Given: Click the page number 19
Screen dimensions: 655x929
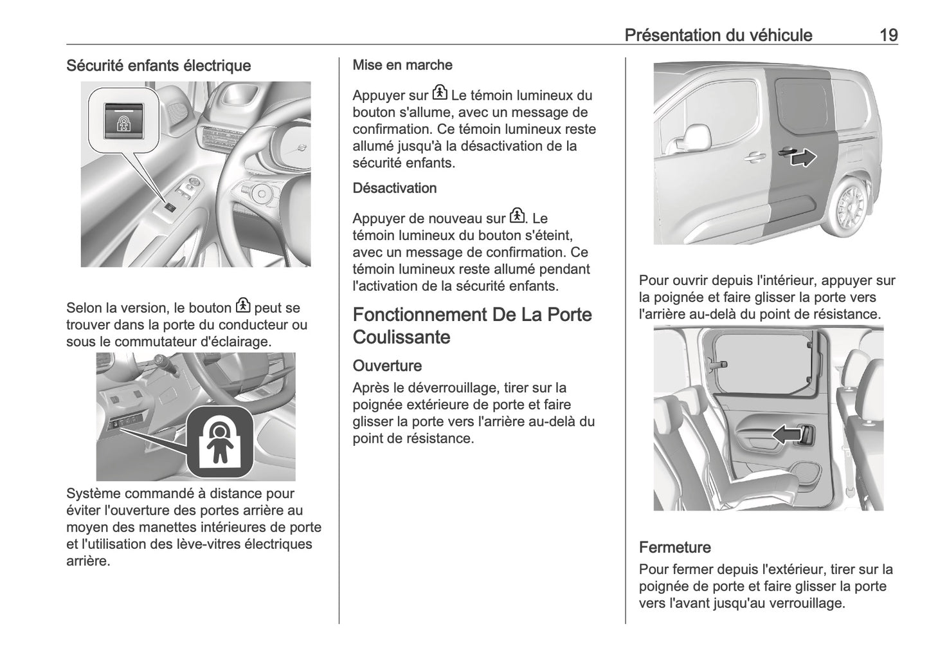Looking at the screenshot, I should click(888, 35).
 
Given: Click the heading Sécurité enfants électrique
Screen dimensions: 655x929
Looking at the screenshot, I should click(158, 66).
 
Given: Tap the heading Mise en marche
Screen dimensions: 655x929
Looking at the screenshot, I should click(402, 65).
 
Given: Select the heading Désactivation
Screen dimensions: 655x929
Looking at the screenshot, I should click(394, 188).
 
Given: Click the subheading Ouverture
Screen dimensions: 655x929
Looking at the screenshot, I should click(387, 365).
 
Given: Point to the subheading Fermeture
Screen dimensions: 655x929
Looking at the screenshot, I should click(674, 548).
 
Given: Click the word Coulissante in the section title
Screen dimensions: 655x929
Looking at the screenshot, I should click(401, 337).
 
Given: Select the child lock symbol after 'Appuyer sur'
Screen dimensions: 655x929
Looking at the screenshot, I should click(439, 93).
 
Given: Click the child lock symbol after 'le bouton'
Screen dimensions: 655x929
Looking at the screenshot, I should click(243, 306).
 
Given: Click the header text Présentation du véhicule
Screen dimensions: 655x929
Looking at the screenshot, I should click(718, 35).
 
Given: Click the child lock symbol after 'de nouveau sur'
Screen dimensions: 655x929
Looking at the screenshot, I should click(516, 216).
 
